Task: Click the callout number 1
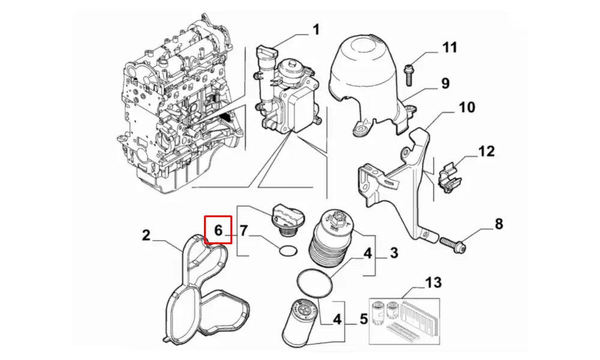click(x=316, y=29)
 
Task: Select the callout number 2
click(x=146, y=235)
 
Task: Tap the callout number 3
click(x=394, y=253)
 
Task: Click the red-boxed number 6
click(x=218, y=230)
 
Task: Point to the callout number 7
click(x=244, y=230)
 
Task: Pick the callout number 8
click(x=499, y=225)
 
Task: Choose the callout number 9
click(x=445, y=83)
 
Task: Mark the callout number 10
click(x=467, y=108)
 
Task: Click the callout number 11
click(x=450, y=47)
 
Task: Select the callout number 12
click(x=487, y=151)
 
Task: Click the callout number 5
click(x=364, y=319)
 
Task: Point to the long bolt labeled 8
click(x=454, y=243)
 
